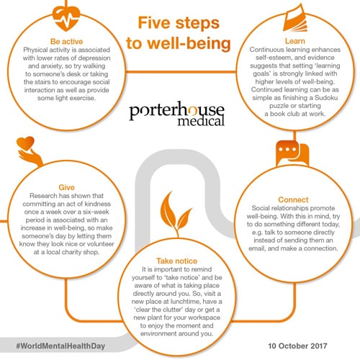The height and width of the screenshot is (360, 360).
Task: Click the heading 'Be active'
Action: (66, 42)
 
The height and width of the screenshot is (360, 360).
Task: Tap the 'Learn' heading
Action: (295, 41)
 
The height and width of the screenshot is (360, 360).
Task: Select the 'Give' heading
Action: (66, 187)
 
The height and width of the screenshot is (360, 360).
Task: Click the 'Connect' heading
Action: (293, 199)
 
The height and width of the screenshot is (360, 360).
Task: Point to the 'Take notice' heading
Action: (177, 261)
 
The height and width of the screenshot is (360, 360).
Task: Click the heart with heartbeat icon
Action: (66, 19)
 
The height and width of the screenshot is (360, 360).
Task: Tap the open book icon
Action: (295, 18)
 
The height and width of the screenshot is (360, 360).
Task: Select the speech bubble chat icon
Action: (292, 154)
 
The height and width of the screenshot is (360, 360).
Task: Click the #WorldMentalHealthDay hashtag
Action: (60, 346)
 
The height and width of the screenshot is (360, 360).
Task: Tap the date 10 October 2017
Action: (297, 346)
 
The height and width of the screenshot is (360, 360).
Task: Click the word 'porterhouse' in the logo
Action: (177, 110)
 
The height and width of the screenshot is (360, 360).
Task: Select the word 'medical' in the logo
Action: (201, 122)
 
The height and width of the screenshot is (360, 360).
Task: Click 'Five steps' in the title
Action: (179, 23)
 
